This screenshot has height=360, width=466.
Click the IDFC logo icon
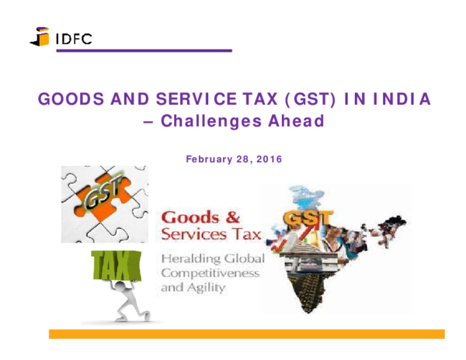click(x=40, y=36)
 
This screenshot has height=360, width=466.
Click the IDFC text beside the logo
click(x=73, y=37)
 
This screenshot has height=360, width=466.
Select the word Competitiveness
click(x=210, y=273)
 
